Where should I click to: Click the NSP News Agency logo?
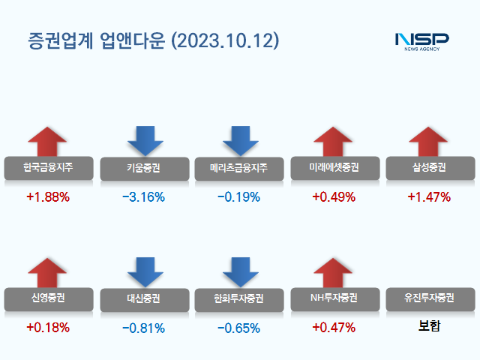(421, 40)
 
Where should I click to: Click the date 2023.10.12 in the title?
(226, 40)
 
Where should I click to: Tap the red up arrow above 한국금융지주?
(48, 142)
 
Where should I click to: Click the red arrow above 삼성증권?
(429, 142)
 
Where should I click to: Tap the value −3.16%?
(143, 197)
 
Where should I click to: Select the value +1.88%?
(48, 197)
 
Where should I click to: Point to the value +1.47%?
(429, 197)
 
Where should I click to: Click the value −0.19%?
(238, 197)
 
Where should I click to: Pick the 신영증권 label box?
(48, 298)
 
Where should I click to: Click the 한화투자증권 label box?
(238, 298)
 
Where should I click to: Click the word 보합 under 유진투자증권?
(429, 327)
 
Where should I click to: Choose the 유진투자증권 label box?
(429, 298)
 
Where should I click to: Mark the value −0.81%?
(143, 328)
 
